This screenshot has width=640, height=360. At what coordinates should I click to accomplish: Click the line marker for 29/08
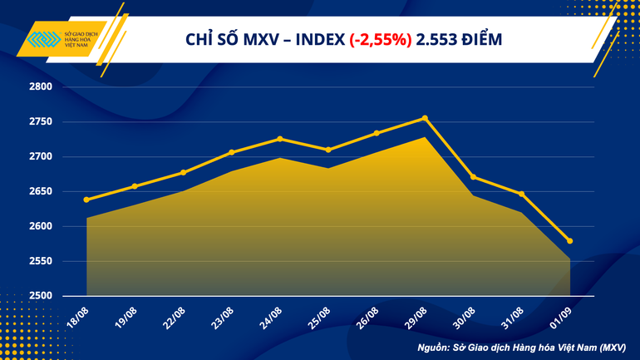[x=425, y=118]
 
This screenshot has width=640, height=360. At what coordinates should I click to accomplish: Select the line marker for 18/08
[x=86, y=200]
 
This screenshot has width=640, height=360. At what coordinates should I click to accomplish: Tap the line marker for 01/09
[x=569, y=241]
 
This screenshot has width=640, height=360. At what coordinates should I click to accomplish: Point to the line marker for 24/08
[x=280, y=139]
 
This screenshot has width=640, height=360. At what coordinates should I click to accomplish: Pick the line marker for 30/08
[x=473, y=177]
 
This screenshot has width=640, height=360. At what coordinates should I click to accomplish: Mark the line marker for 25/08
[x=328, y=150]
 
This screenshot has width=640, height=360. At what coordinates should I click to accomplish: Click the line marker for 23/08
[x=232, y=152]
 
